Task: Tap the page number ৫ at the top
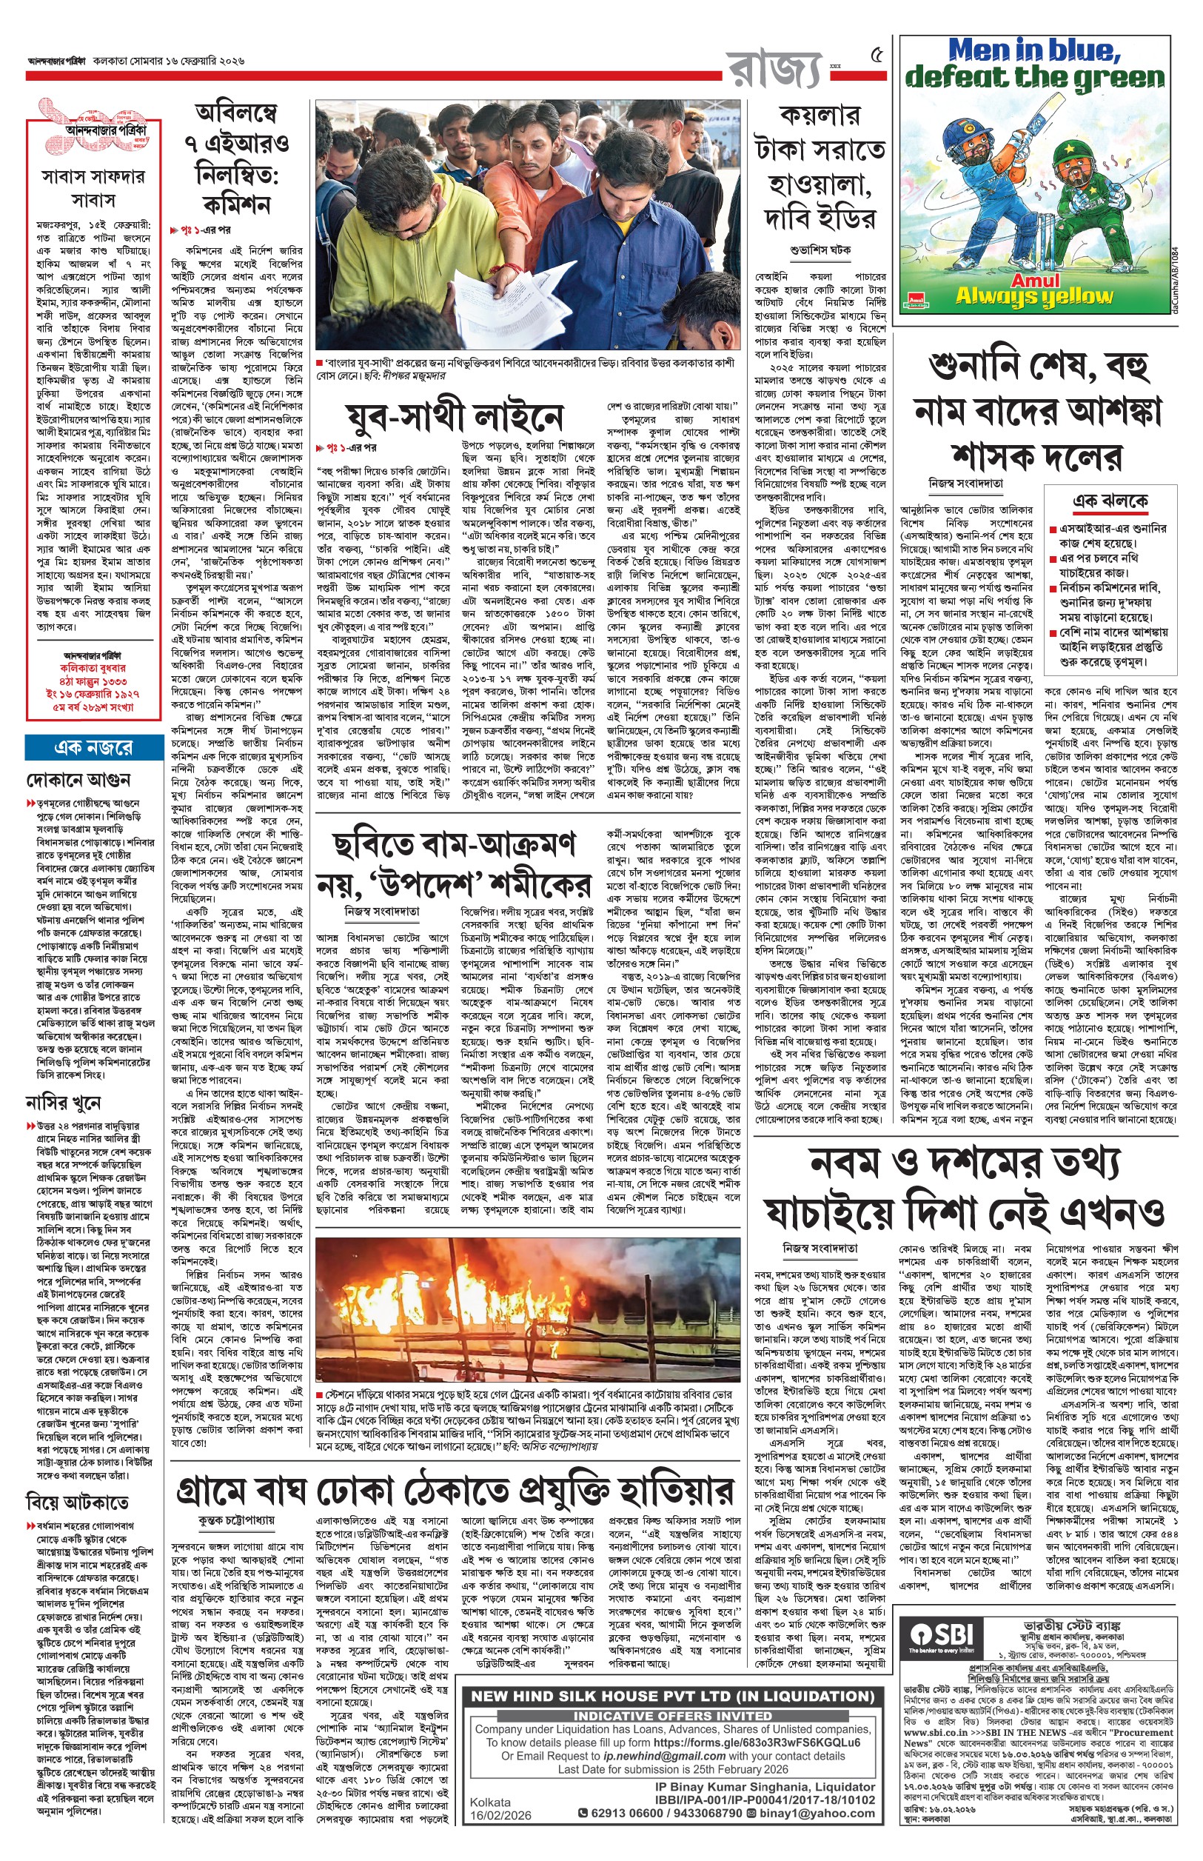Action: (877, 56)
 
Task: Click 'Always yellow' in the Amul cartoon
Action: (1034, 296)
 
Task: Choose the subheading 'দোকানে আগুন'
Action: (79, 779)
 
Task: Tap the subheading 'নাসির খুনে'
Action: (63, 1103)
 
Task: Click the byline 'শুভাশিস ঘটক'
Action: (820, 251)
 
